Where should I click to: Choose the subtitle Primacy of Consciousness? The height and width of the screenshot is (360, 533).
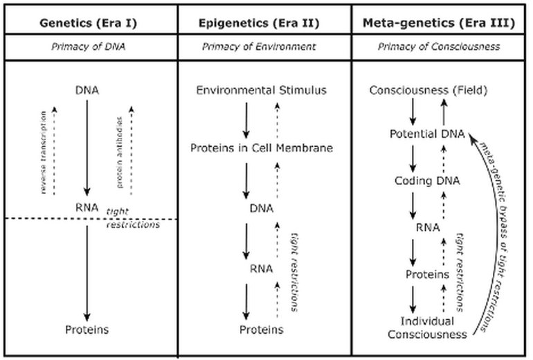click(439, 48)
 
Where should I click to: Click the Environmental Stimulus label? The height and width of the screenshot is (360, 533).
click(262, 91)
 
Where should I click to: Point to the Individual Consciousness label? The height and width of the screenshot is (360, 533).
click(423, 328)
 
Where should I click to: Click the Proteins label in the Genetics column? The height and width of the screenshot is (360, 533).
click(87, 329)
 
